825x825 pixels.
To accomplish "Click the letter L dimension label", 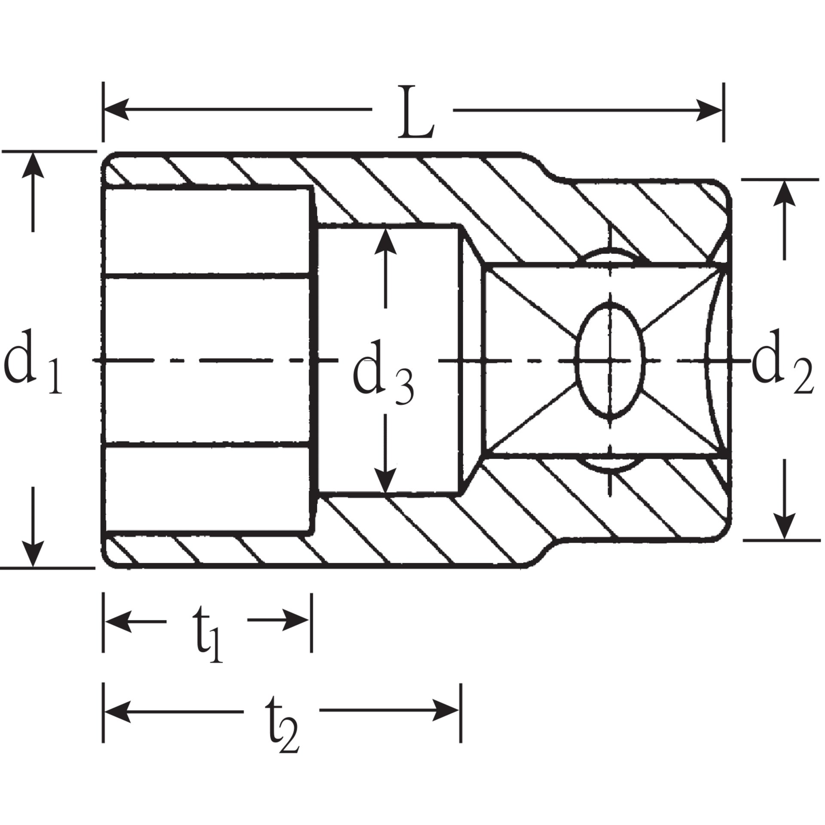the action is [x=415, y=113].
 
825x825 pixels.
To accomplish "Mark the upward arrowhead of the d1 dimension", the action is [x=33, y=166].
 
